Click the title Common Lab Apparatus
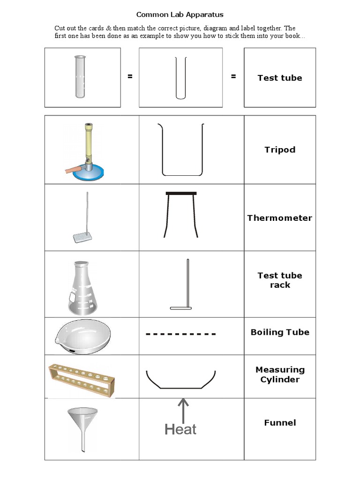[180, 15]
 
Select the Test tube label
[279, 78]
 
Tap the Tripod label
[279, 150]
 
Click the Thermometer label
[279, 218]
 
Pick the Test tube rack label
[279, 280]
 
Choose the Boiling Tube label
[279, 332]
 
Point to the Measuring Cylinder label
[279, 375]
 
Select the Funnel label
[279, 423]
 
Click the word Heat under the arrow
[180, 429]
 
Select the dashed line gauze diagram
[181, 334]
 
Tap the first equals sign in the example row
[130, 76]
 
